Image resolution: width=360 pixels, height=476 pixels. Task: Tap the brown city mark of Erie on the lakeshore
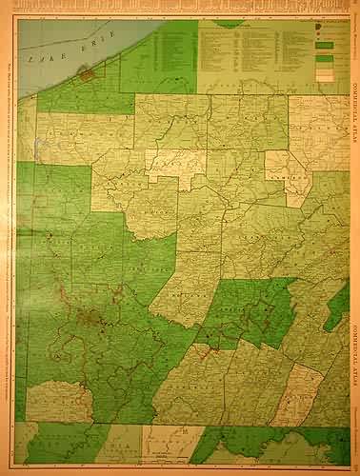[88, 73]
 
